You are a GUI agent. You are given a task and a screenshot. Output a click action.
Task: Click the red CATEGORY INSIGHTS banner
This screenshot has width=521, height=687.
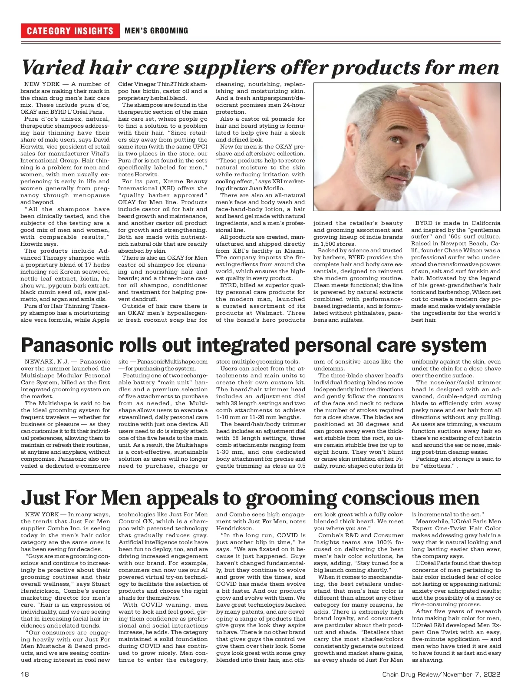[70, 31]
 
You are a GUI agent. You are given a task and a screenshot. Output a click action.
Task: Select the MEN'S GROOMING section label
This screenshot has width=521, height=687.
[156, 31]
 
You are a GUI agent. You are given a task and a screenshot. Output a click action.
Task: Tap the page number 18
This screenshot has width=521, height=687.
[24, 674]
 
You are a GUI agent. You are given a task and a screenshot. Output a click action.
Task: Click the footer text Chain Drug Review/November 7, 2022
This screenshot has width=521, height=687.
[441, 674]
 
